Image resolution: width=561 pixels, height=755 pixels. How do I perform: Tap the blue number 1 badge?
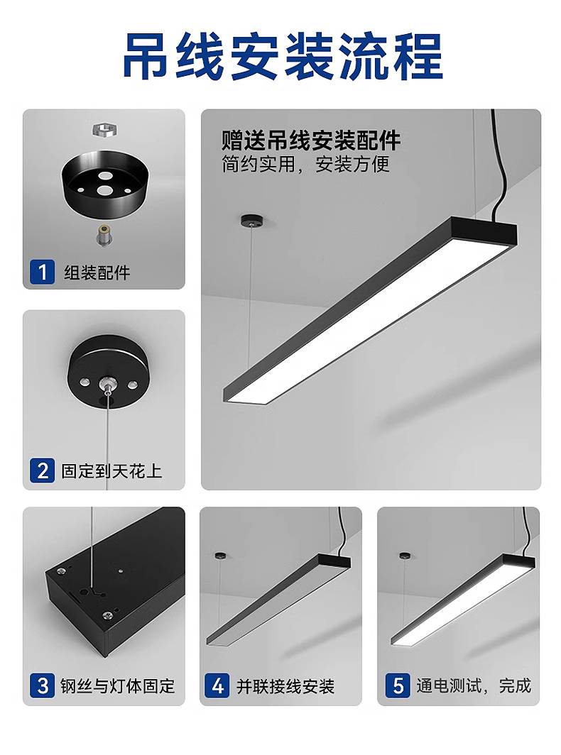coord(43,272)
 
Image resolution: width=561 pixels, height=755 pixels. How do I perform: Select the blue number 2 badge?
coord(43,470)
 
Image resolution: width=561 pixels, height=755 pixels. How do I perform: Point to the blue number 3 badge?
coord(43,685)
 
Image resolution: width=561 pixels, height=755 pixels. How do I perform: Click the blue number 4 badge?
coord(217,685)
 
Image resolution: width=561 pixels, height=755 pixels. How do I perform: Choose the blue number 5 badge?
coord(398,685)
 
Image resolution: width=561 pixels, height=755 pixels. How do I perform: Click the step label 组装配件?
coord(97,272)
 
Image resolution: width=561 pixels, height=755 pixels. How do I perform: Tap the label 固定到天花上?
coord(111,470)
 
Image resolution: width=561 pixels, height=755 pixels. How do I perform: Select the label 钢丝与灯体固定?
coord(118,685)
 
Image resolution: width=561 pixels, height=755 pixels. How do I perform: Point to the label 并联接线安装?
coord(285,685)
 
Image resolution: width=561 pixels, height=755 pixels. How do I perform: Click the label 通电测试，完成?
coord(473,685)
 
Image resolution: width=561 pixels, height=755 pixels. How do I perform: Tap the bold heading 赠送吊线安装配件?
coord(311,140)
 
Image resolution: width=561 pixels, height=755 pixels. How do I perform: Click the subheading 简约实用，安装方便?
coord(305,164)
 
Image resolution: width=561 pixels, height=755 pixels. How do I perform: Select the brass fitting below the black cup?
coord(104,236)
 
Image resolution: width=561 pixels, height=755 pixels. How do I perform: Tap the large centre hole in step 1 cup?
coord(104,189)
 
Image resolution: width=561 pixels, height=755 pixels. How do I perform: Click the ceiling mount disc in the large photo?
coord(252,221)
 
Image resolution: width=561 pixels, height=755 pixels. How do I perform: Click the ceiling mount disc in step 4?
coord(222,556)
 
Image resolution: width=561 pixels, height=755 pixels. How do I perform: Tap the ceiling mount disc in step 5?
coord(405,556)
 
